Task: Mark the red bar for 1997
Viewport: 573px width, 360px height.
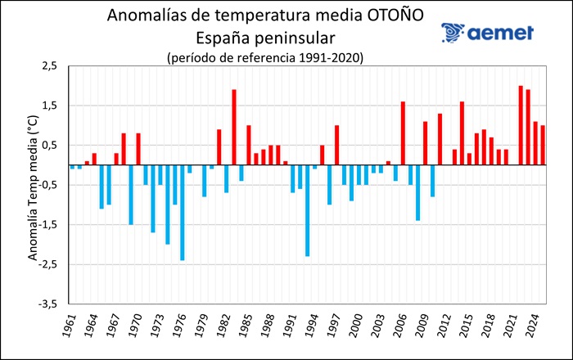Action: tap(336, 145)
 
